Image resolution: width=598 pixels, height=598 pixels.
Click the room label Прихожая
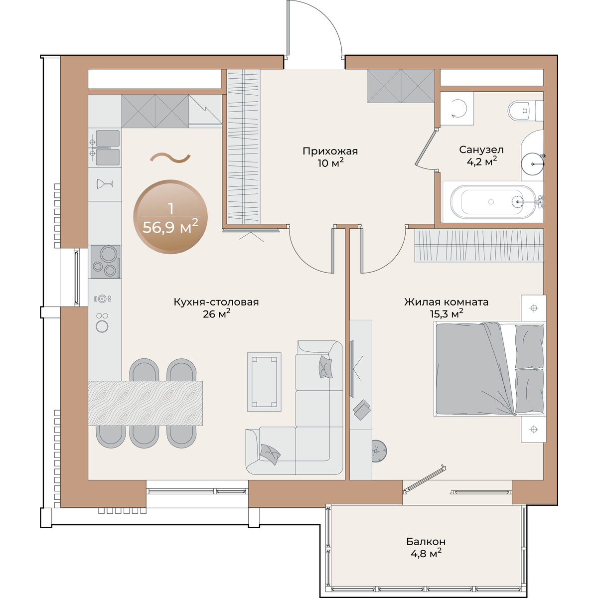click(330, 151)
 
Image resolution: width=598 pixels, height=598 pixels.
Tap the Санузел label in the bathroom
click(481, 149)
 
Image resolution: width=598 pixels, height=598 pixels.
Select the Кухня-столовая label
click(216, 302)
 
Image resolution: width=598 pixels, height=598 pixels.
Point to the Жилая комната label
click(446, 302)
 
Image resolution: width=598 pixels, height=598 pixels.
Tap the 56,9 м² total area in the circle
click(170, 227)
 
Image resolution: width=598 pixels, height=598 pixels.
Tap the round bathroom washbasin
click(533, 163)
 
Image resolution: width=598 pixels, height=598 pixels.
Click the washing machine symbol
click(457, 109)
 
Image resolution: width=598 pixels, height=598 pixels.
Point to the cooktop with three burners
click(106, 262)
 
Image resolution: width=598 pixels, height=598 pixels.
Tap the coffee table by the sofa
click(264, 382)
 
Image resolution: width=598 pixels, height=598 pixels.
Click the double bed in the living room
click(490, 369)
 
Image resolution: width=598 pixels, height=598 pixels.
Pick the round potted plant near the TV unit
click(379, 451)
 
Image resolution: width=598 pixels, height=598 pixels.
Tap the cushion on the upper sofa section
click(325, 366)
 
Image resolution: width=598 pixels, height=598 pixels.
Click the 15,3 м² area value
click(446, 314)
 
